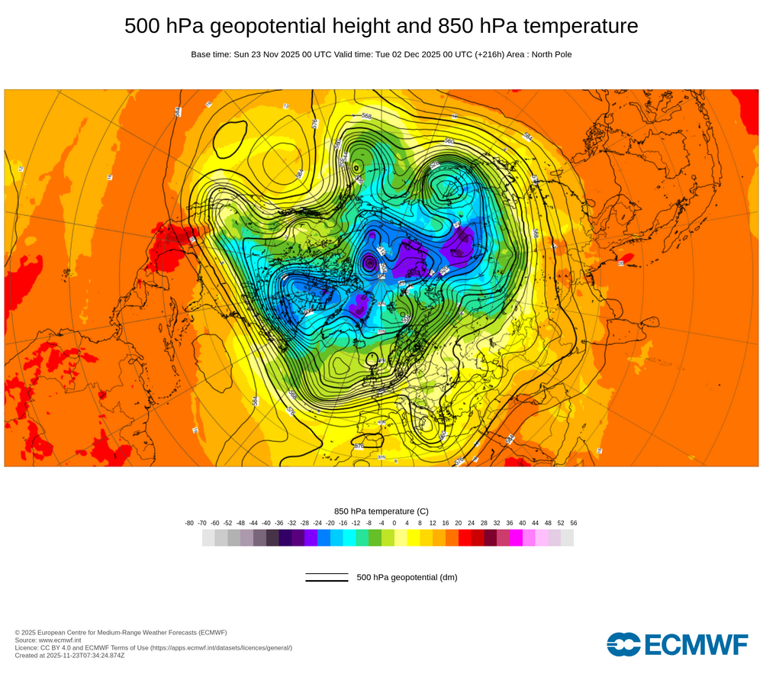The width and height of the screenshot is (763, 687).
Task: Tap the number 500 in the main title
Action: point(143,26)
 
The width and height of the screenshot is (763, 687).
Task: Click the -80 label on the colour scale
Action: point(189,523)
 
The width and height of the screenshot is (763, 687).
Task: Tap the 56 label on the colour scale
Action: point(573,523)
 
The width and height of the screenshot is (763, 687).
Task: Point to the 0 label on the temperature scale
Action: point(394,523)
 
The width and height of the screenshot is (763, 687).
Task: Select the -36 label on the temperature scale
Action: point(279,523)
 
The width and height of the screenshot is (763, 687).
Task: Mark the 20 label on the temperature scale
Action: point(459,523)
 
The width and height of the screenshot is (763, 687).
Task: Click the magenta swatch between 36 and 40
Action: point(516,537)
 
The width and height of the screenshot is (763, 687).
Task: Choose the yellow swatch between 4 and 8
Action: point(414,537)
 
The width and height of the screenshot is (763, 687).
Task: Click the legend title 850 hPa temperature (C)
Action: point(381,511)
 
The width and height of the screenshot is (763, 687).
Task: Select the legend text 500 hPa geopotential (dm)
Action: point(407,577)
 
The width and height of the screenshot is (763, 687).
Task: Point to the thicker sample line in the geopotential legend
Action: point(327,581)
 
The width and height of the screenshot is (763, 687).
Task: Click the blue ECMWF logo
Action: point(677,644)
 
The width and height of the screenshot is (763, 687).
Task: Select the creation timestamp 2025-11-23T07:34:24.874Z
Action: point(85,655)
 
